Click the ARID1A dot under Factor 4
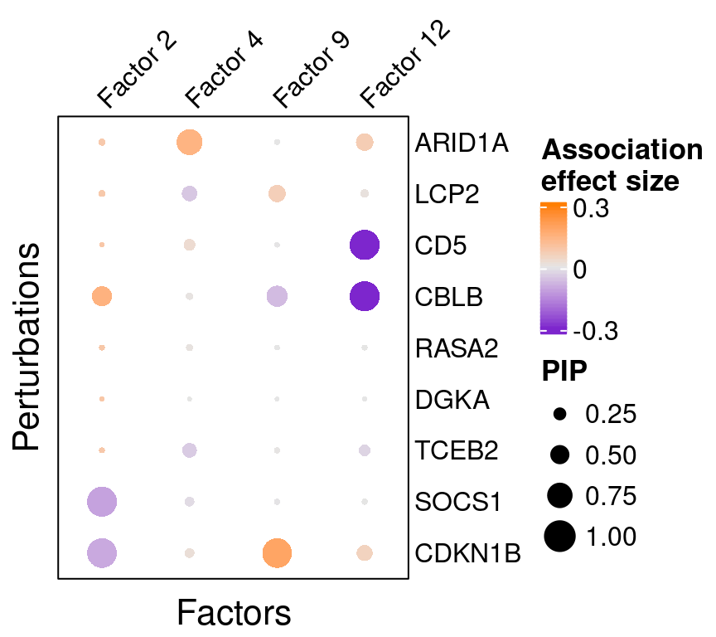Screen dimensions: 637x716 190,143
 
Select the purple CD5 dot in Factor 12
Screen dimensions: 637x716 365,245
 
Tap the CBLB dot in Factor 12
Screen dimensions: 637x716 365,296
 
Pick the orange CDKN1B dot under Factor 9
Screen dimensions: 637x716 277,552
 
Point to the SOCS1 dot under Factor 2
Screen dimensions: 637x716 102,501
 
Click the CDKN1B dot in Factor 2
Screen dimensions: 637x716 102,552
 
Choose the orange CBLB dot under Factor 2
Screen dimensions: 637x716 102,295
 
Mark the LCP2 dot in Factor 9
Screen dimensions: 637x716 277,194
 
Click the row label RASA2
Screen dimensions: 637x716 457,348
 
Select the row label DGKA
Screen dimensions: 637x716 452,400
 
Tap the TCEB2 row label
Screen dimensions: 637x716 457,450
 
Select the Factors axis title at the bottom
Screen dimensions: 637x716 234,614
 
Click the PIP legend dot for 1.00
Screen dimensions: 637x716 560,536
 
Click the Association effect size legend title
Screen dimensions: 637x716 622,165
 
